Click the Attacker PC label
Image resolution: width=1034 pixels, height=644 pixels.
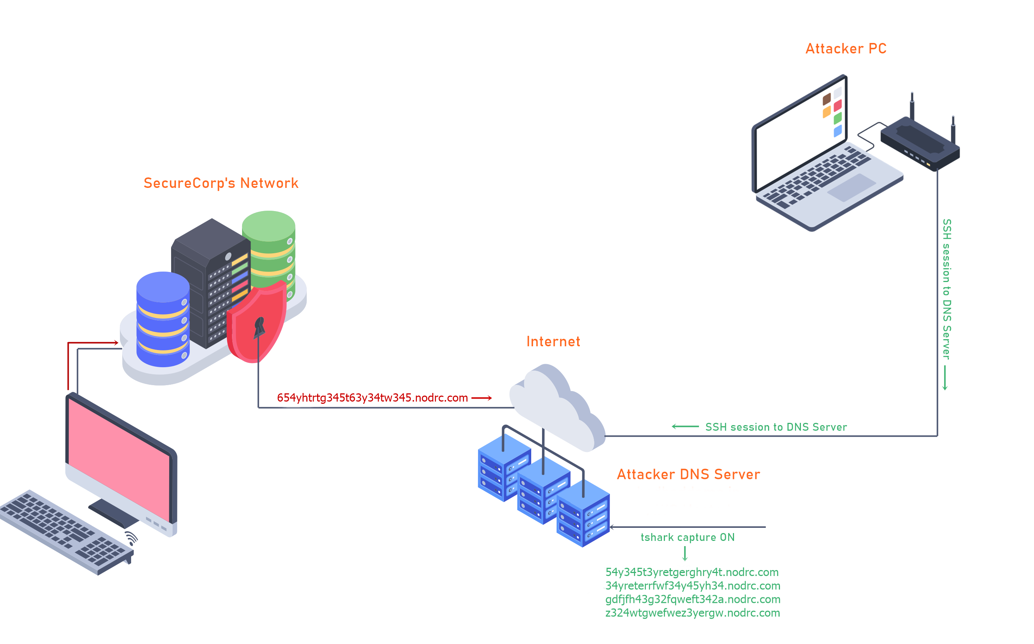(846, 49)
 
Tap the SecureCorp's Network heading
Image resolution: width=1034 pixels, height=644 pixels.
(221, 183)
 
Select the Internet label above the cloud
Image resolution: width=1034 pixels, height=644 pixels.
(553, 341)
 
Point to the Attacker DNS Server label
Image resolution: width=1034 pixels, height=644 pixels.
(688, 474)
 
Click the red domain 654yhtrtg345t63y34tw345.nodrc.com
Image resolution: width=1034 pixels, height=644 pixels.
(372, 398)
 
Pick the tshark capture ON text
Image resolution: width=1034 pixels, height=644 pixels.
(687, 537)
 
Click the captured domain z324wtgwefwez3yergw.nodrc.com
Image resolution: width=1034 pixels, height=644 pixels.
(693, 613)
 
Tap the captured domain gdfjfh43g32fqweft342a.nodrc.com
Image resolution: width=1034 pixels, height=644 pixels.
(693, 599)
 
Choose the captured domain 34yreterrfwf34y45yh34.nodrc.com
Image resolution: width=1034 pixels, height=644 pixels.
(693, 586)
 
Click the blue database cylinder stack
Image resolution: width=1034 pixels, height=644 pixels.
(162, 319)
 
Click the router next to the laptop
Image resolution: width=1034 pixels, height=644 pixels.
(920, 143)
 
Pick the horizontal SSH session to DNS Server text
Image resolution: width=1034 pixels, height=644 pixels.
(776, 427)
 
